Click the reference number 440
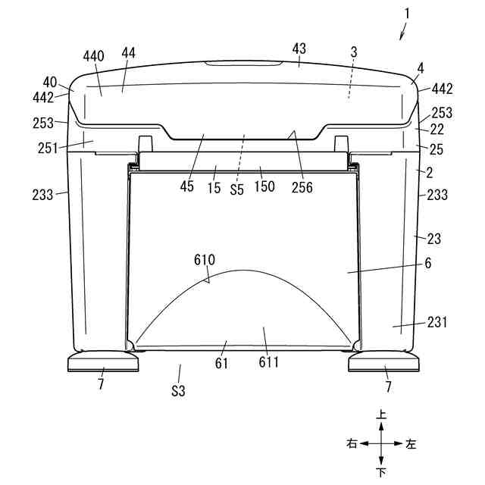93,56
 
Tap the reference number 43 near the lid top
299,48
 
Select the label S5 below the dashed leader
237,189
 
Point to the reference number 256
302,187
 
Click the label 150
264,186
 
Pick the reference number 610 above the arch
205,260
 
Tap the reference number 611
268,362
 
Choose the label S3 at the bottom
178,391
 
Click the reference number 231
437,322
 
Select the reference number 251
48,149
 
